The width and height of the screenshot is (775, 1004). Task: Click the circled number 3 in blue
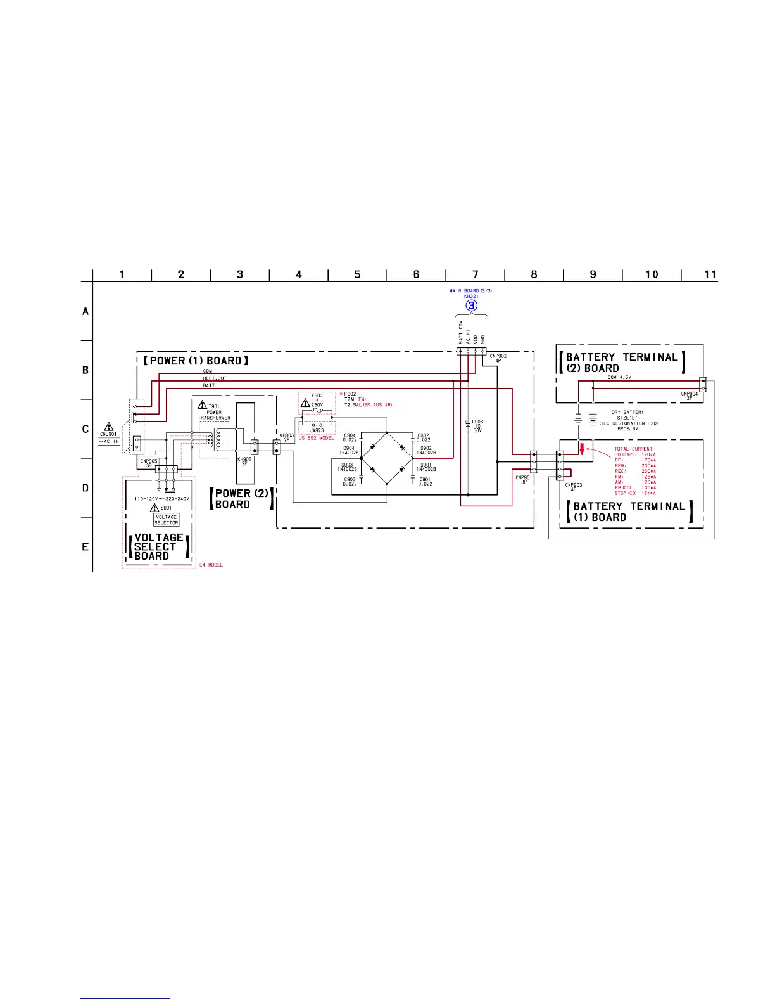[x=472, y=305]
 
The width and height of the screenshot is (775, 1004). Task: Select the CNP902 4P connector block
[x=471, y=351]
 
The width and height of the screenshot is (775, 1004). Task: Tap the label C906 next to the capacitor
[x=477, y=421]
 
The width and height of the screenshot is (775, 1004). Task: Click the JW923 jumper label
[x=317, y=430]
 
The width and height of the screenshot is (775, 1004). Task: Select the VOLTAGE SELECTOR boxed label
[x=166, y=520]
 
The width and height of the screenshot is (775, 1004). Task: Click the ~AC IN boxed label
[x=109, y=441]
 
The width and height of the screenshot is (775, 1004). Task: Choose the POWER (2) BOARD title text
[x=241, y=499]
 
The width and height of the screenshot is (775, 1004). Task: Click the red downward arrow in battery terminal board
[x=581, y=449]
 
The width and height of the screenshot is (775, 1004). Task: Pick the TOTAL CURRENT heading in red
[x=633, y=449]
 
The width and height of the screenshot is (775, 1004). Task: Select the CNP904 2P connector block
[x=703, y=384]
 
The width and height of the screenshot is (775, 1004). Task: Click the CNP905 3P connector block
[x=167, y=470]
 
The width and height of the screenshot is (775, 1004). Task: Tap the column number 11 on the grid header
[x=710, y=274]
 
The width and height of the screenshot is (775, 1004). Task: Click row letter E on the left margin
[x=85, y=546]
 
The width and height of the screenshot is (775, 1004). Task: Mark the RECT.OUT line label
[x=215, y=378]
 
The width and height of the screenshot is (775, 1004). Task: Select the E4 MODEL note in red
[x=212, y=565]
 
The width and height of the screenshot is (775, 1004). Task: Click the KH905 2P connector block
[x=254, y=446]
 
